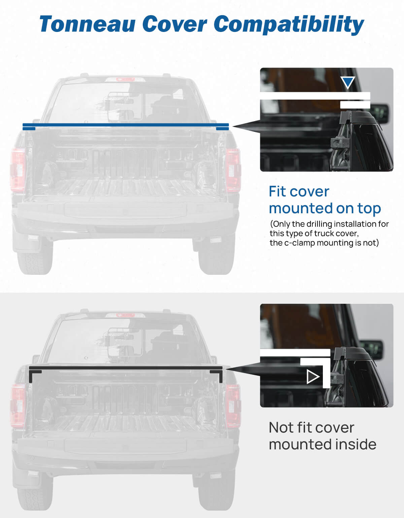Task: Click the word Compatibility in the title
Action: [x=289, y=24]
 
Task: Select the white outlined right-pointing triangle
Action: [x=313, y=377]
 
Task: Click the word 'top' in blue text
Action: [x=369, y=208]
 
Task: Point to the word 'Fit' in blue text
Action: [x=278, y=192]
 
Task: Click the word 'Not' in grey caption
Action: [x=281, y=428]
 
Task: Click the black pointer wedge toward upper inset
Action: [x=246, y=126]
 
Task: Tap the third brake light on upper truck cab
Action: [x=125, y=79]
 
